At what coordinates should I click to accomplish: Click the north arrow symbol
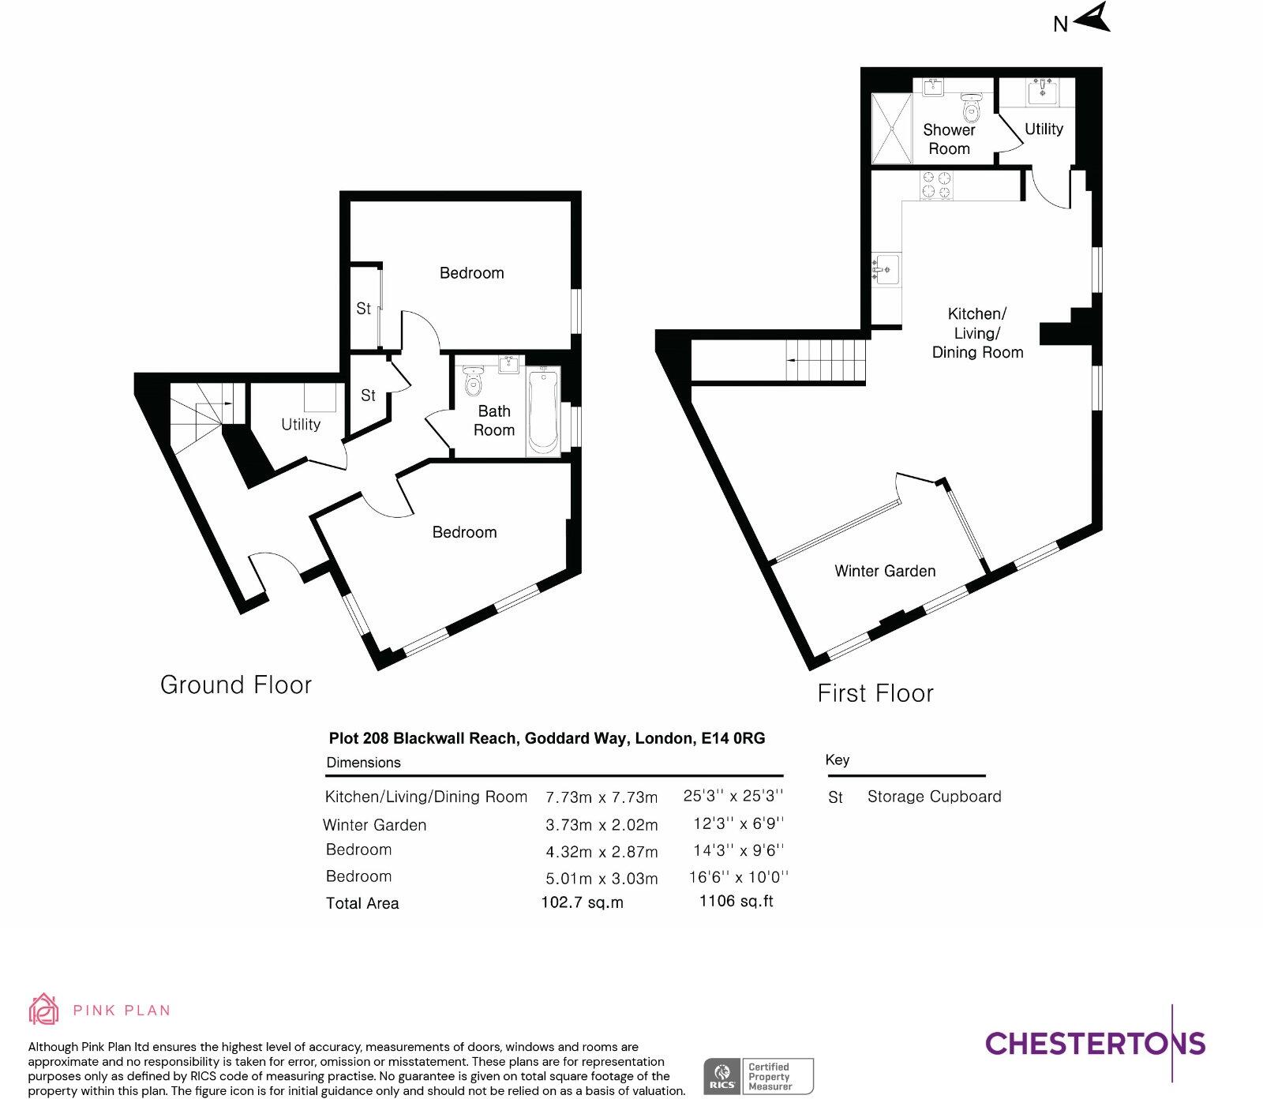pos(1092,18)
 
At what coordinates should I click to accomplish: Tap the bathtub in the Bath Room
pos(543,411)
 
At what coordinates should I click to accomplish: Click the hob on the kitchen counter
pos(936,185)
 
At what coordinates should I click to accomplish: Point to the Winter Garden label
pos(885,571)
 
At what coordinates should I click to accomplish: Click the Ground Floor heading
pos(236,685)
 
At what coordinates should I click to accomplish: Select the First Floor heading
pos(875,693)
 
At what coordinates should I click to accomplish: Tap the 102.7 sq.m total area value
pos(582,902)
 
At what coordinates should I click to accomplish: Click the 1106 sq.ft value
pos(736,901)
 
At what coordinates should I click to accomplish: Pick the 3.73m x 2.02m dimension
pos(602,825)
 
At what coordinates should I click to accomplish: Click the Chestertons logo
pos(1096,1043)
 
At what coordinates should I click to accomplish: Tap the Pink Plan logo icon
pos(44,1009)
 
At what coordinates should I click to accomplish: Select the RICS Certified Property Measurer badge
pos(758,1076)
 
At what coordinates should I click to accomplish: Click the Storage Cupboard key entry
pos(934,797)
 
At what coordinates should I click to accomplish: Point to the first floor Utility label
pos(1044,129)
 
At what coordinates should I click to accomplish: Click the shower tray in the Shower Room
pos(892,129)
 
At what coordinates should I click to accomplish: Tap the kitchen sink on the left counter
pos(886,268)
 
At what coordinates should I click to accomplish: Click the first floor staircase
pos(826,360)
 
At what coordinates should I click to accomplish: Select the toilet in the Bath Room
pos(474,382)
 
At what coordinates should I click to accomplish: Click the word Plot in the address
pos(343,738)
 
